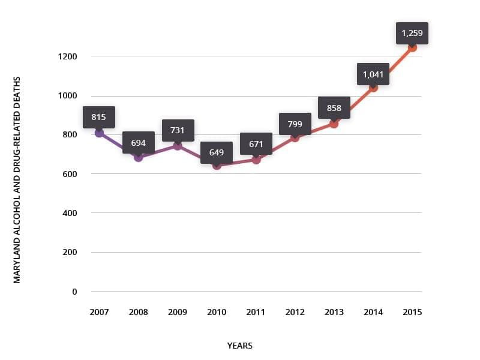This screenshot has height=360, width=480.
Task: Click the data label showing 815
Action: click(x=99, y=117)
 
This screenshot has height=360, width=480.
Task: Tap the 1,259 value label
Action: click(x=412, y=33)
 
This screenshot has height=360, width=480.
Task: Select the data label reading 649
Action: click(x=217, y=152)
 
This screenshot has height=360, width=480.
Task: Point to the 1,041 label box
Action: click(x=373, y=75)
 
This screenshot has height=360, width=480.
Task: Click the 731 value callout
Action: click(x=178, y=130)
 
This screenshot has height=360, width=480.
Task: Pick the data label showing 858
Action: click(x=334, y=108)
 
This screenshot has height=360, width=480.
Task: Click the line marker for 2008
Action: click(x=139, y=157)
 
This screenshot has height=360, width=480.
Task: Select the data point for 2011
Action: click(x=256, y=160)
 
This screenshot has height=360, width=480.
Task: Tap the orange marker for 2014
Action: click(x=373, y=87)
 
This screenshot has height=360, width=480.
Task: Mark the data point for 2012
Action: click(x=295, y=137)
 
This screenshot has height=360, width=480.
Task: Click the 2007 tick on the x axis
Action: click(x=99, y=312)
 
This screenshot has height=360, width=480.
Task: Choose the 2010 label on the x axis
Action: click(x=217, y=312)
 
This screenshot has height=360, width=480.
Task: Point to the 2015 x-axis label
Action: click(x=412, y=312)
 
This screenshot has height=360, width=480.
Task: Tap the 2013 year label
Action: click(x=334, y=312)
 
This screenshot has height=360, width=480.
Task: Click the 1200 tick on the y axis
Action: click(x=68, y=56)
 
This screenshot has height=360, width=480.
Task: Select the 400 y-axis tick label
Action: click(x=70, y=213)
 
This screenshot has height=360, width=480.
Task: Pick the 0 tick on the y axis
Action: click(x=74, y=292)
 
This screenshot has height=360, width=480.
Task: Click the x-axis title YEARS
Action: click(x=240, y=346)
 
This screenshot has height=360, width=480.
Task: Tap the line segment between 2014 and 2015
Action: click(x=393, y=67)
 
